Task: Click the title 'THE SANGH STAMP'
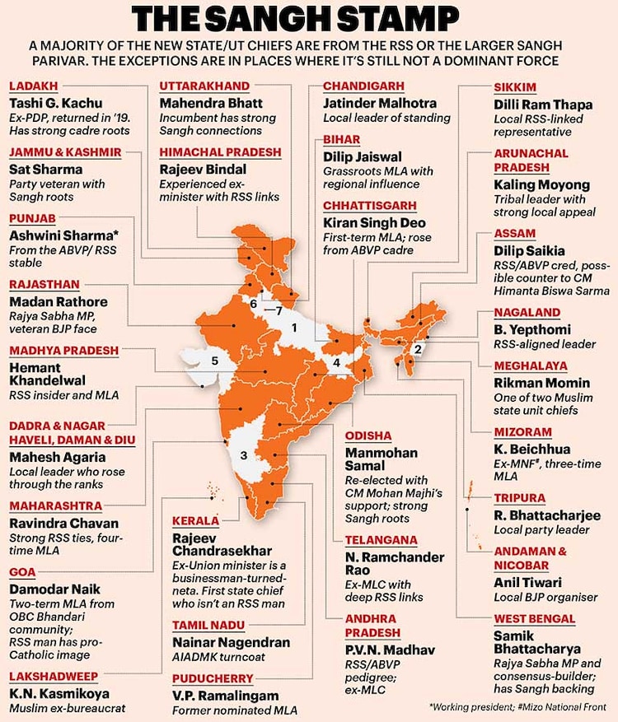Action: click(308, 18)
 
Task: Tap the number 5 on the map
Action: click(214, 360)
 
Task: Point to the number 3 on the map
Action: click(243, 455)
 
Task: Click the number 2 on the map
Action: click(418, 348)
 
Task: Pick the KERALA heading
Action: click(197, 521)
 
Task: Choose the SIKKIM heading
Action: click(515, 87)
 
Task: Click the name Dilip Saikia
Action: click(530, 250)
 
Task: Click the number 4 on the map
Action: click(336, 362)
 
